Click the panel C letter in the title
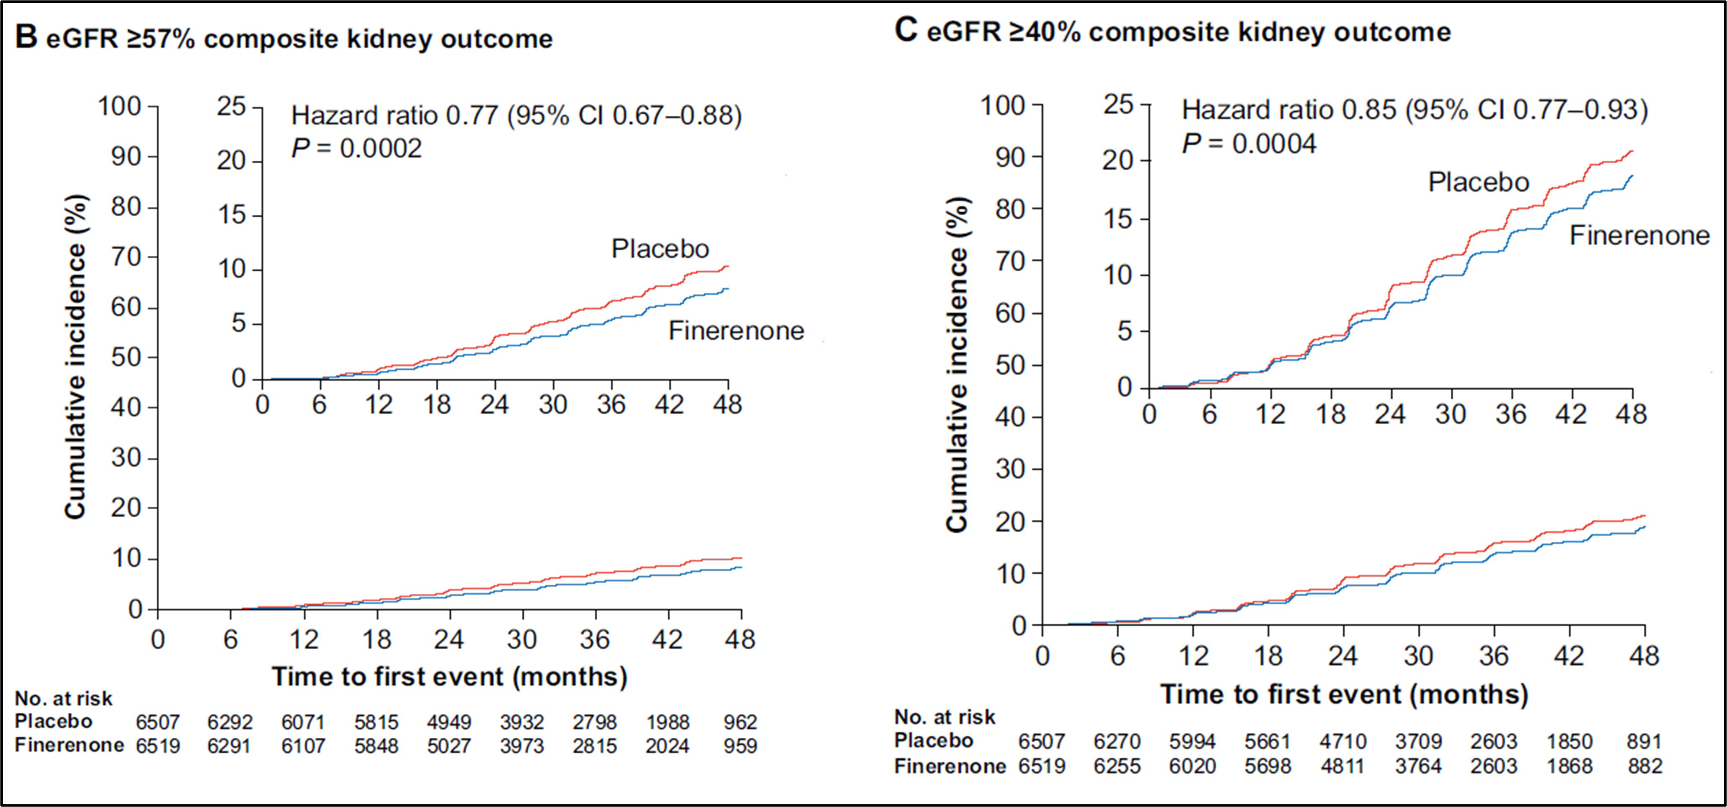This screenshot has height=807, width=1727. click(x=906, y=31)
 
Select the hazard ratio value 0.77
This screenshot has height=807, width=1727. click(x=472, y=116)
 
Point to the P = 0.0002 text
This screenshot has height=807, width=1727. click(x=356, y=148)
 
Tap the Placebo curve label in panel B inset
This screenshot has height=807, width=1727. click(x=660, y=249)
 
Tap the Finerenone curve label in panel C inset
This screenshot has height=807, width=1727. click(x=1639, y=235)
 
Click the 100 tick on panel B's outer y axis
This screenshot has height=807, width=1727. click(x=119, y=106)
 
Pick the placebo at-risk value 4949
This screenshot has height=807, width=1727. click(x=449, y=722)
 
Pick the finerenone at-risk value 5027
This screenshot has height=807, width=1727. click(x=449, y=746)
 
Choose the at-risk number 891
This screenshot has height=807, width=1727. click(x=1644, y=741)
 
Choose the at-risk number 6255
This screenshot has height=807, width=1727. click(x=1117, y=766)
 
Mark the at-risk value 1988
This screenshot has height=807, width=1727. click(x=668, y=722)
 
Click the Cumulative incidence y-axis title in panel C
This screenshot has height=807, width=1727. click(x=958, y=365)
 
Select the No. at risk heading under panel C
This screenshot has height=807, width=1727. click(x=945, y=717)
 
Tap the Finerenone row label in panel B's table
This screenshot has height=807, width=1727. click(x=69, y=745)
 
